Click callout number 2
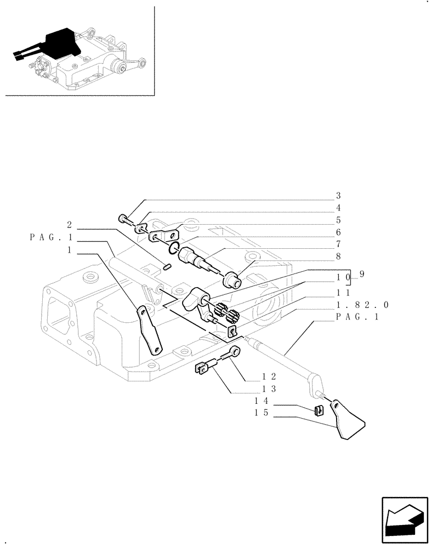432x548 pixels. tap(70, 225)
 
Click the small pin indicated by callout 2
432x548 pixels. tap(168, 267)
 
